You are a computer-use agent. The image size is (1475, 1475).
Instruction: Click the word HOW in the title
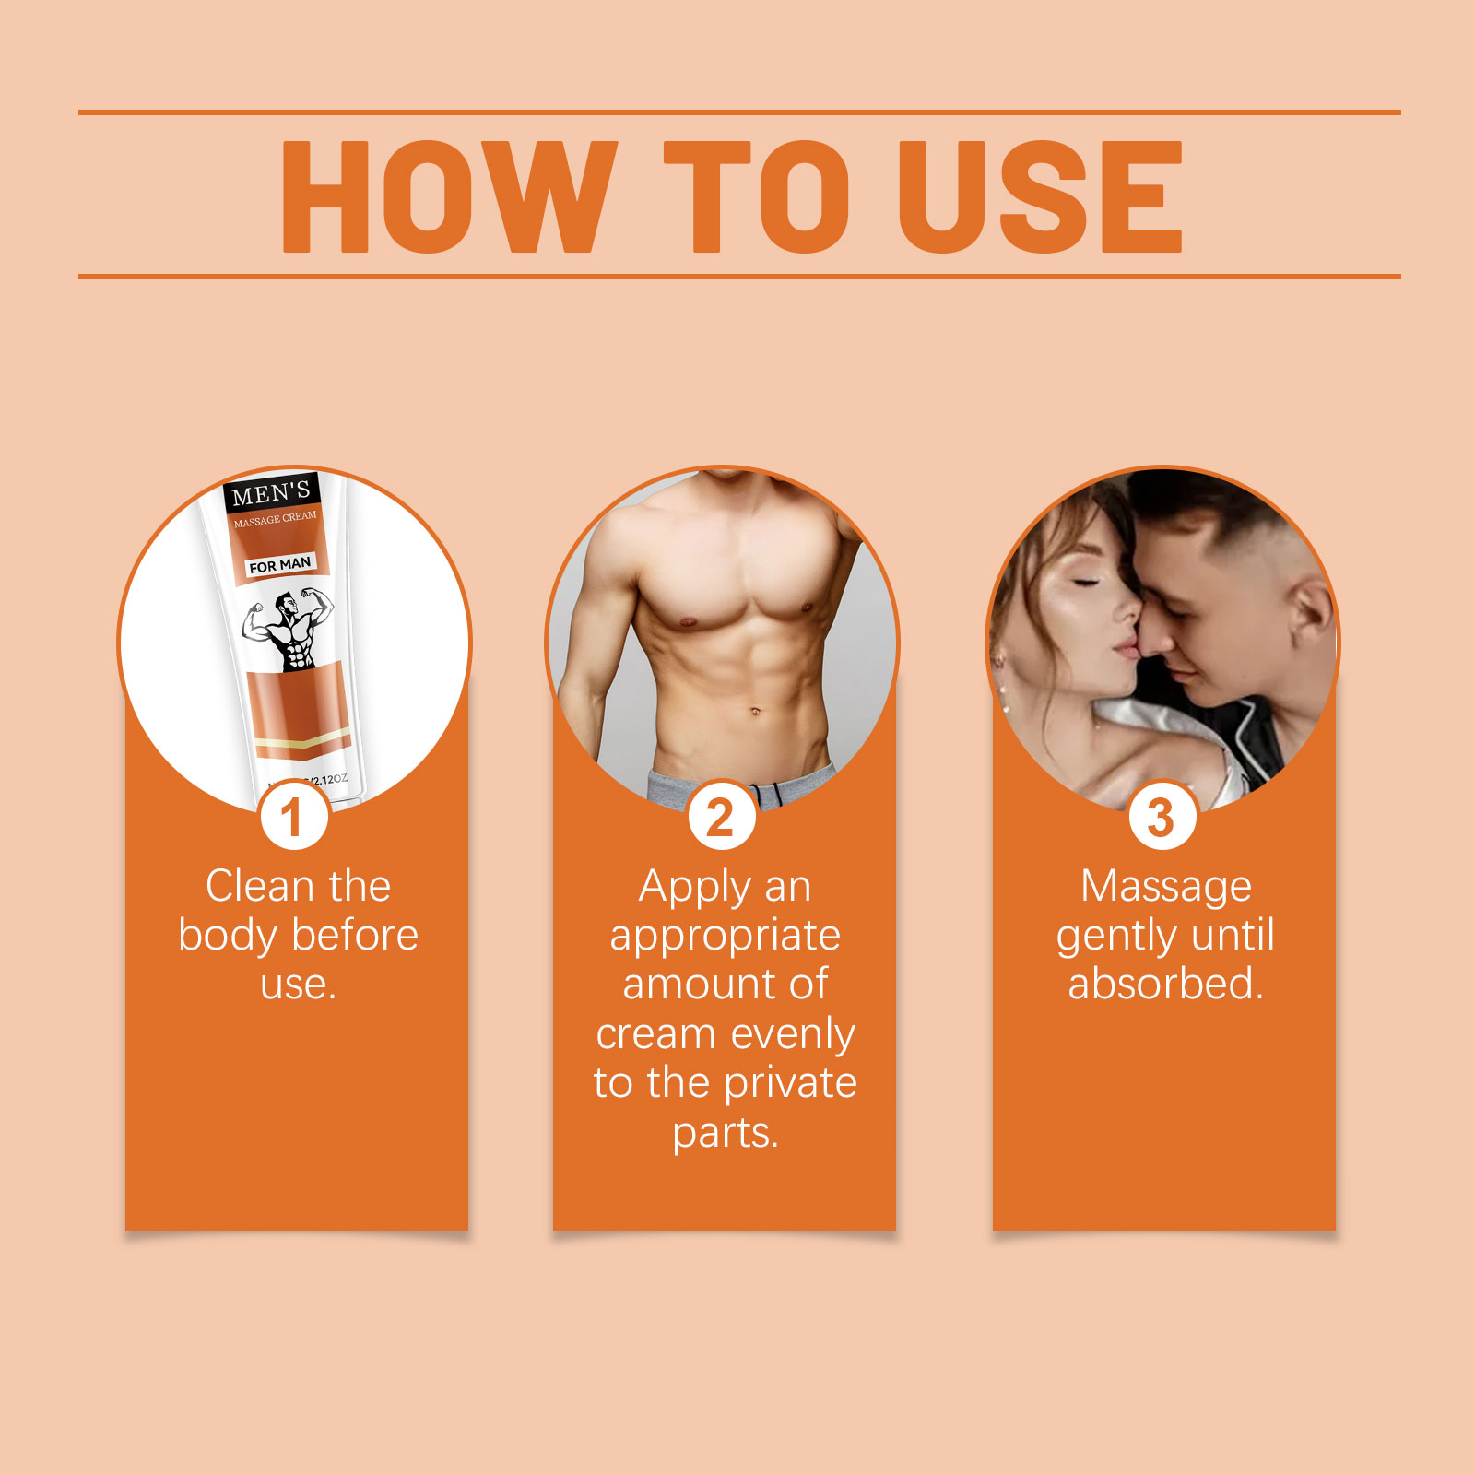449,196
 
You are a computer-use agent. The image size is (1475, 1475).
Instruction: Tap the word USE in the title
1042,196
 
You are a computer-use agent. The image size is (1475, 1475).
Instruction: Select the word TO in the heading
757,196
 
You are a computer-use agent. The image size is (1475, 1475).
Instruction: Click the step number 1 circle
294,816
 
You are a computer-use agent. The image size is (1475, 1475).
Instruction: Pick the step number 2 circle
722,816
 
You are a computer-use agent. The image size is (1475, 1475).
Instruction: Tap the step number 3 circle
1162,816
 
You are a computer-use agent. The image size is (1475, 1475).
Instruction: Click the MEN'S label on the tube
271,493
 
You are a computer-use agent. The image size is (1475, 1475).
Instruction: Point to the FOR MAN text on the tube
279,564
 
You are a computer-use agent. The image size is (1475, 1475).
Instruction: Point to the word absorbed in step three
1166,984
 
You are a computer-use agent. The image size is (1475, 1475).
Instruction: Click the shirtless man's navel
755,711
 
